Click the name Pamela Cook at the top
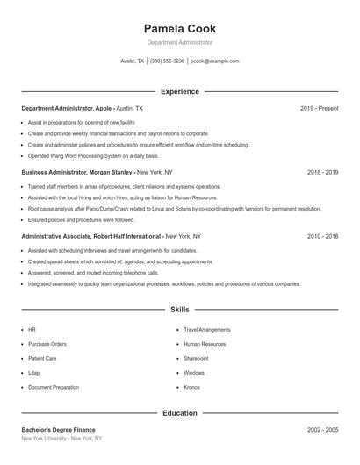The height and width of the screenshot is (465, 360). [x=179, y=28]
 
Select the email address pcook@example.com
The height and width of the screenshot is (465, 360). [x=214, y=61]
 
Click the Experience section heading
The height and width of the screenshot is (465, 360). [x=179, y=91]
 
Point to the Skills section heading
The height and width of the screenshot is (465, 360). [x=179, y=310]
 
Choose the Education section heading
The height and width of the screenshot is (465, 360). [x=179, y=412]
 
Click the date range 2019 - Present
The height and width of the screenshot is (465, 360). [x=319, y=108]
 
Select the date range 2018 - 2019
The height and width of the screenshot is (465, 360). [x=322, y=173]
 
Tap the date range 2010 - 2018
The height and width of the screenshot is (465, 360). [x=322, y=237]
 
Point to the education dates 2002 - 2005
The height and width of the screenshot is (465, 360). [x=322, y=430]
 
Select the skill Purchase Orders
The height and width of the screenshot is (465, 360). [x=47, y=344]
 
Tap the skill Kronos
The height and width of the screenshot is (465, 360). [x=192, y=387]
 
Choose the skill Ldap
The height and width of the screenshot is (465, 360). [x=34, y=373]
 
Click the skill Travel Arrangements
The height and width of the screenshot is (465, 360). [x=206, y=330]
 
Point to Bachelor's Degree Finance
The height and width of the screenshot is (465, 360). [x=58, y=430]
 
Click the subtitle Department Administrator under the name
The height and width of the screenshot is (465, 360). [x=179, y=42]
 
